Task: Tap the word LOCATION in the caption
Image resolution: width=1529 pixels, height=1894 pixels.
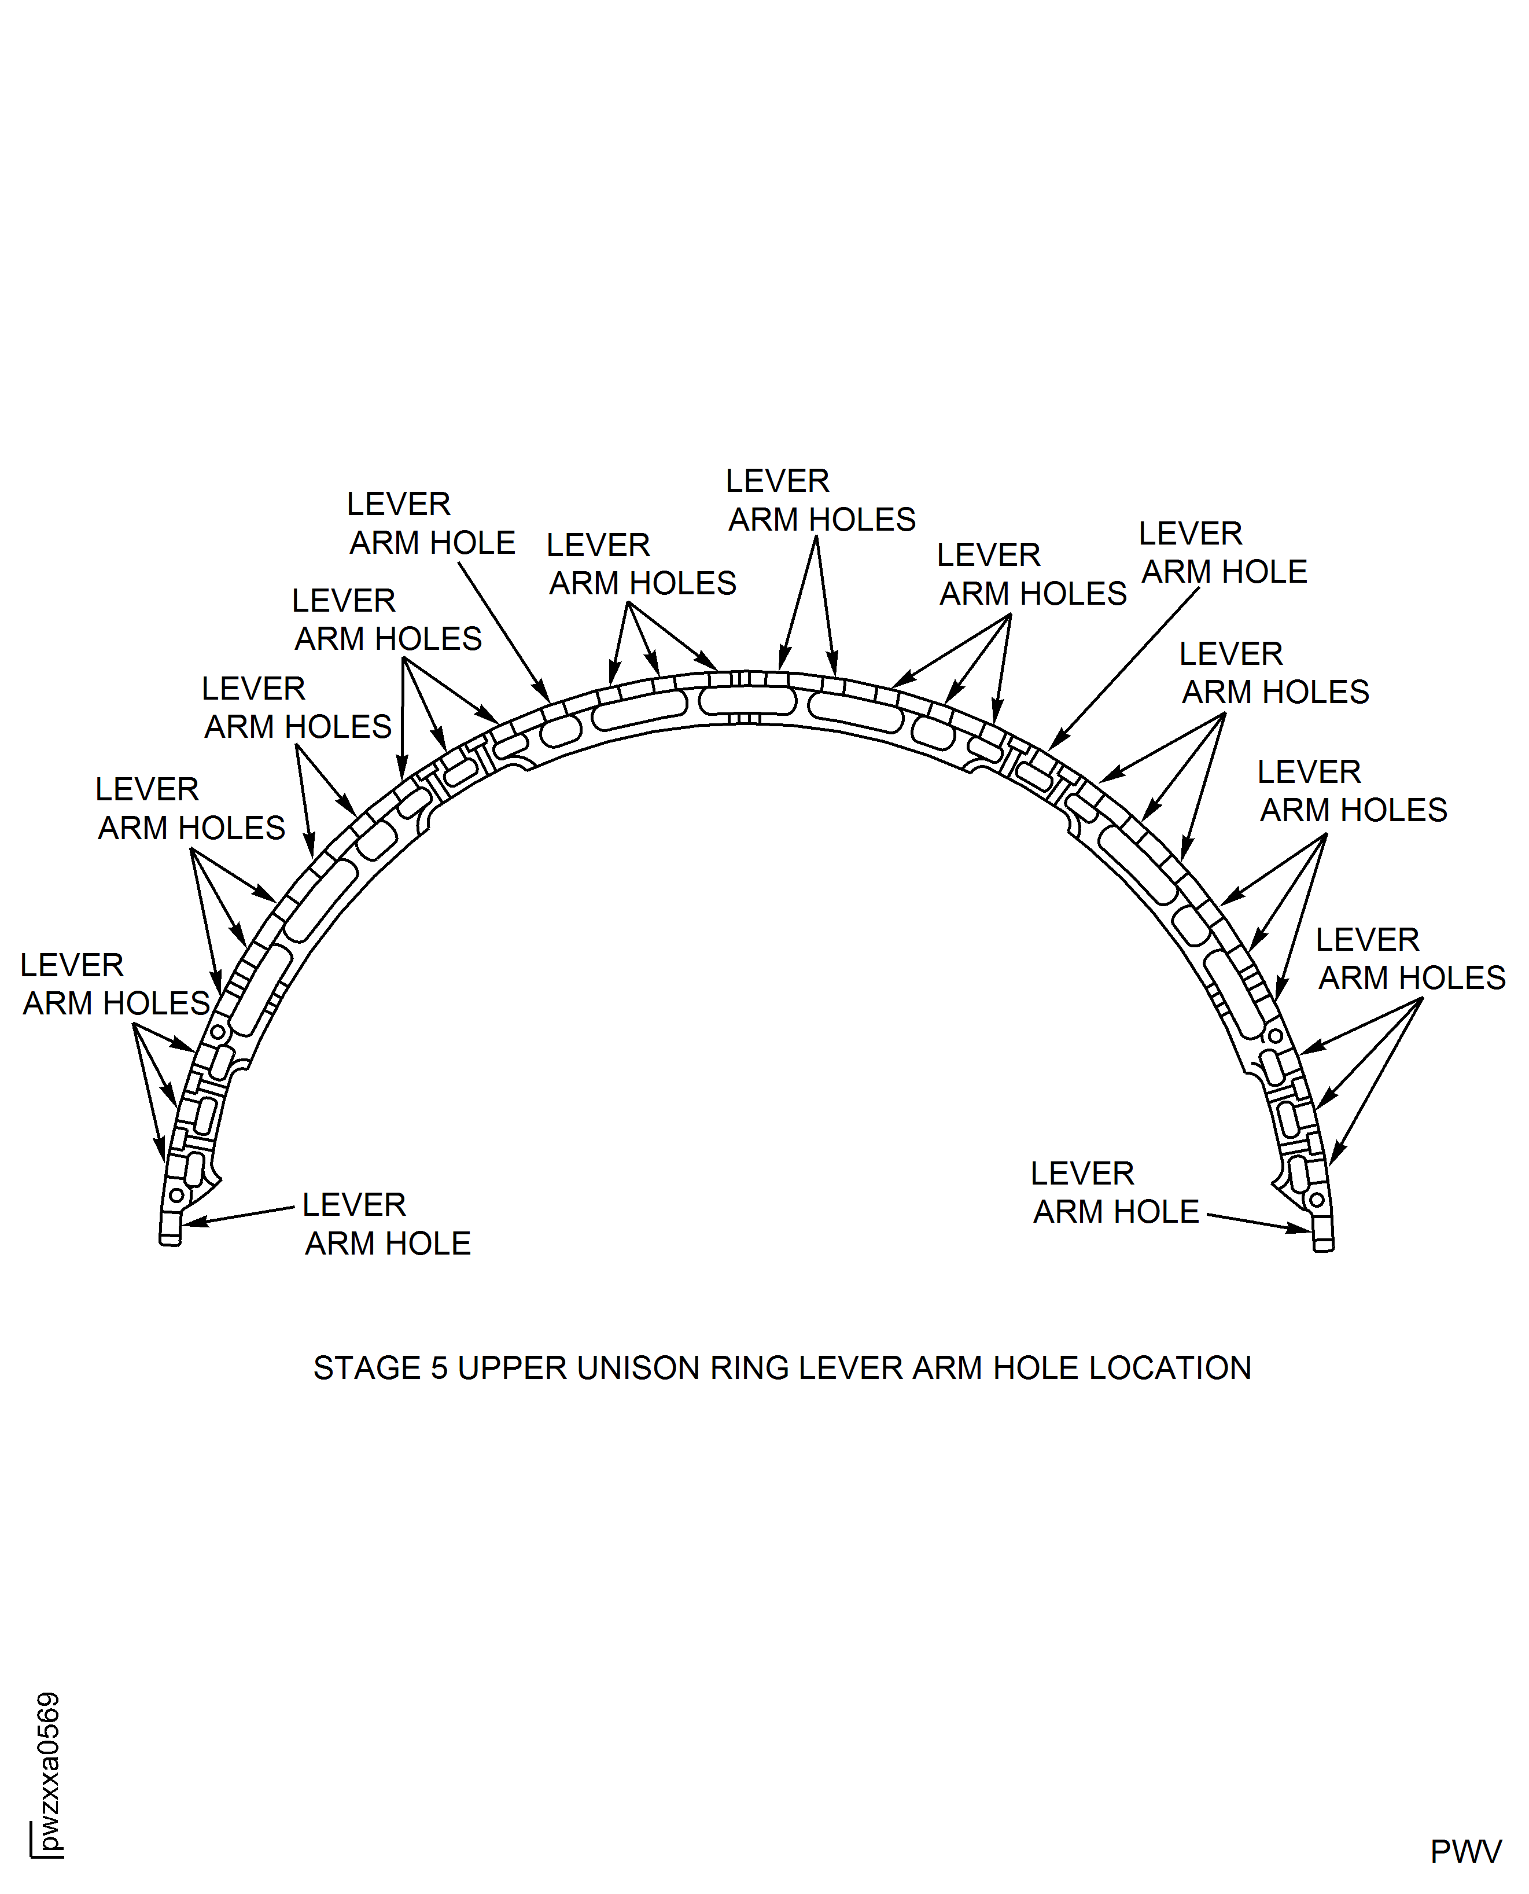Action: click(x=1170, y=1368)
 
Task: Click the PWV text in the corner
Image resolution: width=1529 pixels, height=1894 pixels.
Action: click(x=1465, y=1852)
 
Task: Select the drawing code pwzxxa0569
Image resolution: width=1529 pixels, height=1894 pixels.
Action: click(x=49, y=1771)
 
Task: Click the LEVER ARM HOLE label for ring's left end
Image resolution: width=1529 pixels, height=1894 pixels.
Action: click(x=388, y=1224)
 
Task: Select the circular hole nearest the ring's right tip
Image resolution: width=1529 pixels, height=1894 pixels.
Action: click(x=1316, y=1199)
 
